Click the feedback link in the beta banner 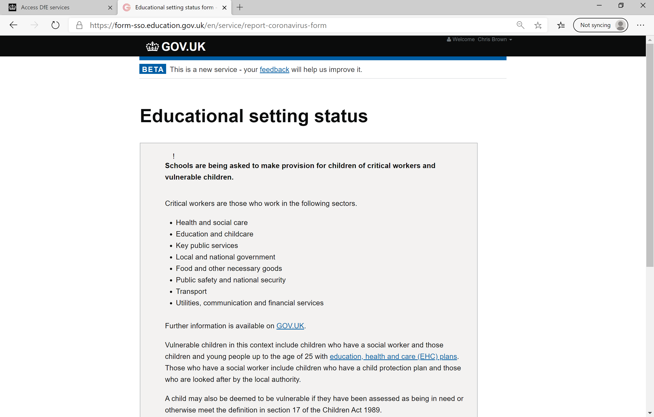(274, 70)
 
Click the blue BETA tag (153, 69)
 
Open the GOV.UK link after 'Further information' (290, 326)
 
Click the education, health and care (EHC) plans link (393, 357)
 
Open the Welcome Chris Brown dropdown (479, 39)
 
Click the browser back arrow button (13, 25)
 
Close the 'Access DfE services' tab (110, 8)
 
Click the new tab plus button (240, 8)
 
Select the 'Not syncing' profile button (600, 25)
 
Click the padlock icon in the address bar (79, 25)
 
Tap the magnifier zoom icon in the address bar (520, 25)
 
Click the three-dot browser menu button (640, 25)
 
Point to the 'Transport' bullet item (191, 291)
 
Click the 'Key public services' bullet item (207, 246)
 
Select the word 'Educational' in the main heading (191, 116)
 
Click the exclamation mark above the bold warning (174, 156)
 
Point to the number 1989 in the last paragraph (371, 410)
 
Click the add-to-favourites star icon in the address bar (538, 25)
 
